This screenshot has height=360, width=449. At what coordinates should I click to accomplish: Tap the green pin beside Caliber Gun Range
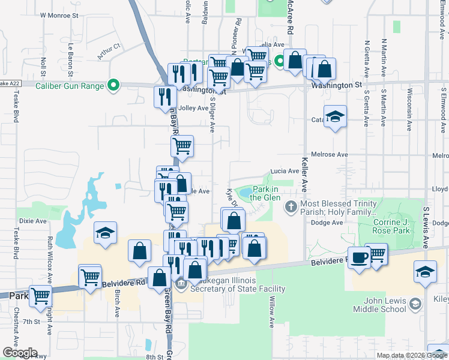pos(112,86)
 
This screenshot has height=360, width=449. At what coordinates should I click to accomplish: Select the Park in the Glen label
pos(265,193)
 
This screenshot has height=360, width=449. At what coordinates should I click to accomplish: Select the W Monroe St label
pos(59,16)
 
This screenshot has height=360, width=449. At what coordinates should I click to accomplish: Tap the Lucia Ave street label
pos(285,171)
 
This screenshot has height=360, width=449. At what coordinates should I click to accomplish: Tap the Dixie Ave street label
pos(33,221)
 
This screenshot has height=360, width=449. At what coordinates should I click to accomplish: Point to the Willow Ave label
pos(272,311)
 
